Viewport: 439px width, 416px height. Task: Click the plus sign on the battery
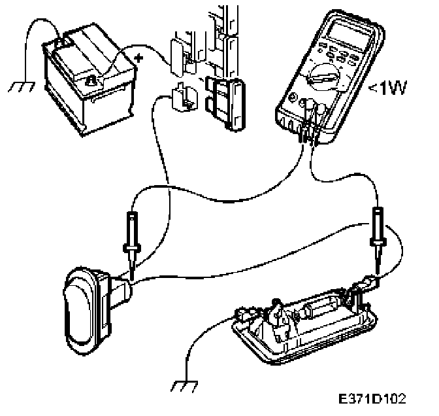point(138,58)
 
